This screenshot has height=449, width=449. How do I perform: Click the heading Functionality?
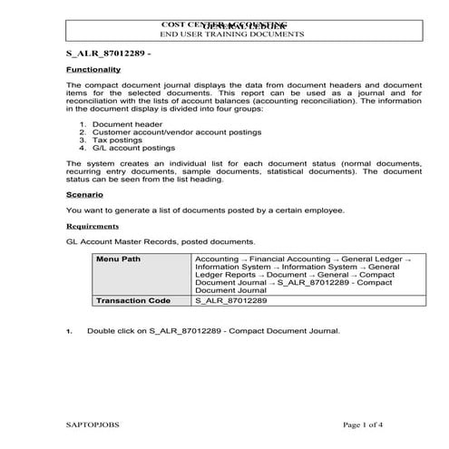point(93,69)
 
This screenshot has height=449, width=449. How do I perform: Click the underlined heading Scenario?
point(83,194)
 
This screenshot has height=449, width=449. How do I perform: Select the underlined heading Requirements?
point(93,226)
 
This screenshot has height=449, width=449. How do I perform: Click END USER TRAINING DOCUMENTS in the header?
point(231,34)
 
